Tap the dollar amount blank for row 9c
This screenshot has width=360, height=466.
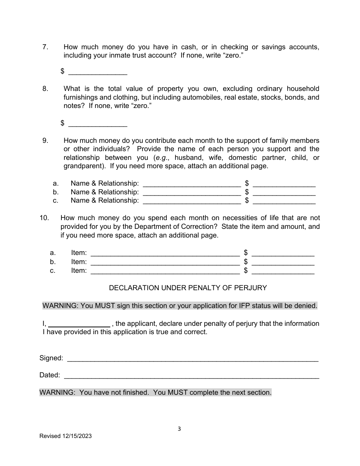(284, 201)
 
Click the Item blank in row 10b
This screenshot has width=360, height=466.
(165, 262)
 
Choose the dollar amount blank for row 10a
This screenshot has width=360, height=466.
(283, 253)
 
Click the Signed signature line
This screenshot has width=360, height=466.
(193, 358)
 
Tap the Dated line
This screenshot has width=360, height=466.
(191, 375)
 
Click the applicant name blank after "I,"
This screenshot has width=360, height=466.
(79, 324)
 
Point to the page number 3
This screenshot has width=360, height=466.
(179, 429)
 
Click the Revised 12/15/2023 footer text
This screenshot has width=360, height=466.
(66, 436)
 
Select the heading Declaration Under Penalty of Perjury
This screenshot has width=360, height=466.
(188, 288)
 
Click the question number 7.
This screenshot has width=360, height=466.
(45, 47)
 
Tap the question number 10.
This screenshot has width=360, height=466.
(44, 218)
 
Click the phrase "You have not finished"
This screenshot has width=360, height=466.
(114, 393)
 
